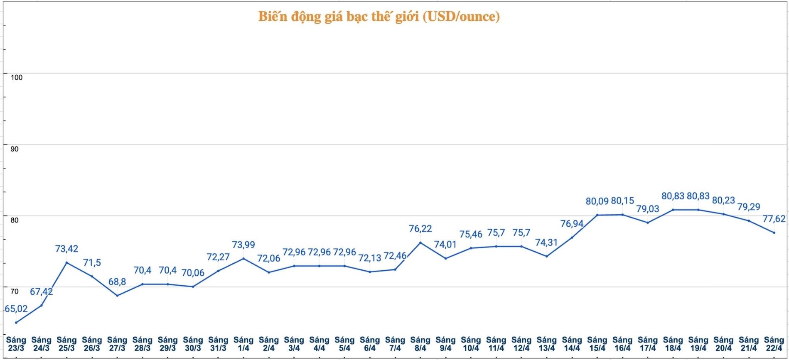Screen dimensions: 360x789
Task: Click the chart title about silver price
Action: click(x=379, y=17)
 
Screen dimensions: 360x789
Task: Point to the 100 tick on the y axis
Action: click(x=17, y=78)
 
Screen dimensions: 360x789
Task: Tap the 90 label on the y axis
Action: click(x=15, y=149)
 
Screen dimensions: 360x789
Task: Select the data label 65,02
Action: click(x=16, y=309)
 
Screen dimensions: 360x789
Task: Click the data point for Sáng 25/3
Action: click(x=66, y=262)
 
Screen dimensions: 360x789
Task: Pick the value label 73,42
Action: click(x=66, y=249)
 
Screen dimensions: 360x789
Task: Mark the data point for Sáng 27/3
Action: click(x=117, y=296)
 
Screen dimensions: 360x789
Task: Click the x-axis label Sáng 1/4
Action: click(x=243, y=344)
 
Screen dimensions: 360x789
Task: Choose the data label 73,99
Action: click(x=243, y=245)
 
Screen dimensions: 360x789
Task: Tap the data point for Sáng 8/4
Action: click(x=420, y=242)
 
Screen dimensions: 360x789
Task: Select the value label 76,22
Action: click(x=420, y=229)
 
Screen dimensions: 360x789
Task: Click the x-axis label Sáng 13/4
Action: click(x=546, y=344)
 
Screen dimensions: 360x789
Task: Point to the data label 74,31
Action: click(x=546, y=242)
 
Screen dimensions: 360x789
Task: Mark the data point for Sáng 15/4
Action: click(x=597, y=215)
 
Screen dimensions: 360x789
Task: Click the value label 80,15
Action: click(x=622, y=201)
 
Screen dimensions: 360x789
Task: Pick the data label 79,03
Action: click(x=648, y=209)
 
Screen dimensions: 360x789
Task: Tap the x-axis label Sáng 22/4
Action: click(x=774, y=344)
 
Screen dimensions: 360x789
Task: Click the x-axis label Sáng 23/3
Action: click(x=16, y=344)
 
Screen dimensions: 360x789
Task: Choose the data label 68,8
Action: click(x=117, y=282)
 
